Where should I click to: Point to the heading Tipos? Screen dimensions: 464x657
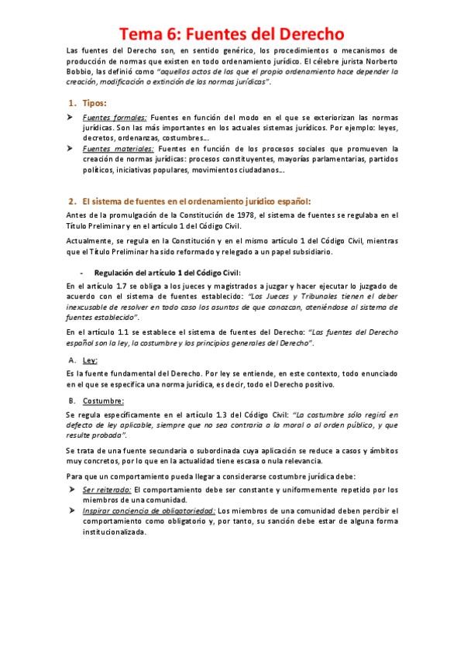pyautogui.click(x=95, y=103)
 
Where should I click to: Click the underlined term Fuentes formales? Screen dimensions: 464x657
pyautogui.click(x=114, y=115)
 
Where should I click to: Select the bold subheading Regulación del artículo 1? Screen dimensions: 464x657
pyautogui.click(x=167, y=272)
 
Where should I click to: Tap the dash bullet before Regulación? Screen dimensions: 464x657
pyautogui.click(x=81, y=272)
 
